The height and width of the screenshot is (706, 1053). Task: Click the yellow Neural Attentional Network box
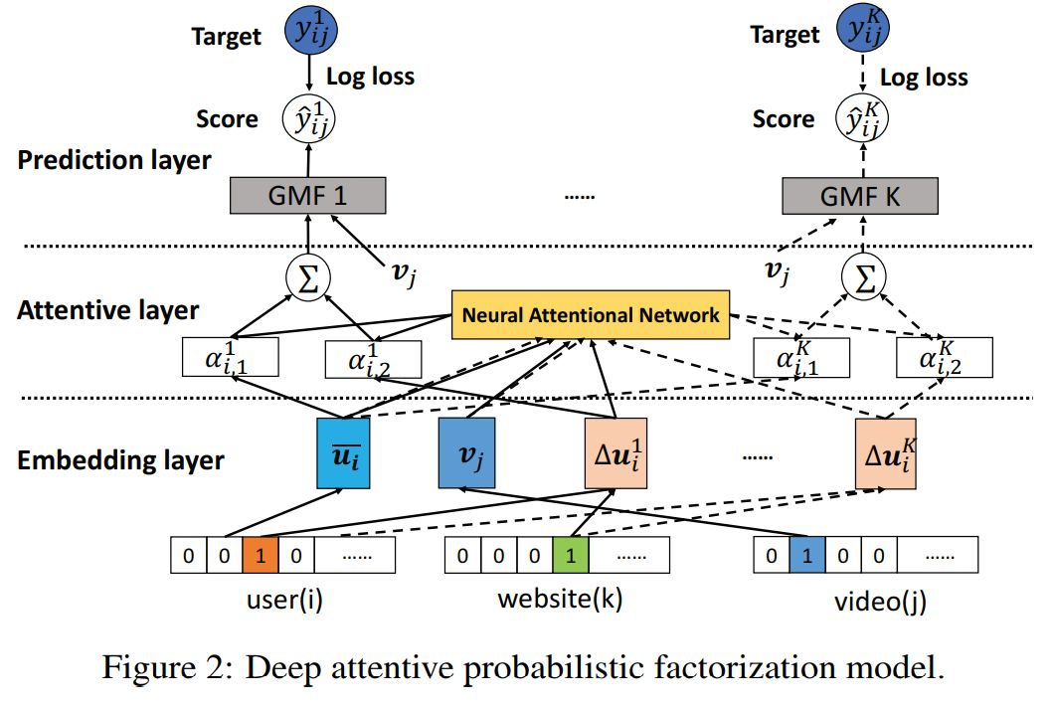coord(591,315)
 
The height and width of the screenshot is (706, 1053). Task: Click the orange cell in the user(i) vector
coord(260,554)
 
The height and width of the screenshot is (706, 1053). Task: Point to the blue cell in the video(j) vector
coord(806,554)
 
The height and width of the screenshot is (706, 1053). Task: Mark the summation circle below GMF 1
coord(307,278)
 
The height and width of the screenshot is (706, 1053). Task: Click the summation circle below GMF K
coord(861,278)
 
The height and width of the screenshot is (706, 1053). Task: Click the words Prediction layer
coord(114,159)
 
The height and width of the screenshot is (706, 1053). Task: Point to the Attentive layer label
coord(107,310)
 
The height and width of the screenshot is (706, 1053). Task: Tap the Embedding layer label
coord(120,460)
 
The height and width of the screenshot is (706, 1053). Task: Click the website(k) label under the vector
coord(560,600)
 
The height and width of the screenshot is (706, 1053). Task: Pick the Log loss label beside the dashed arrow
coord(924,78)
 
